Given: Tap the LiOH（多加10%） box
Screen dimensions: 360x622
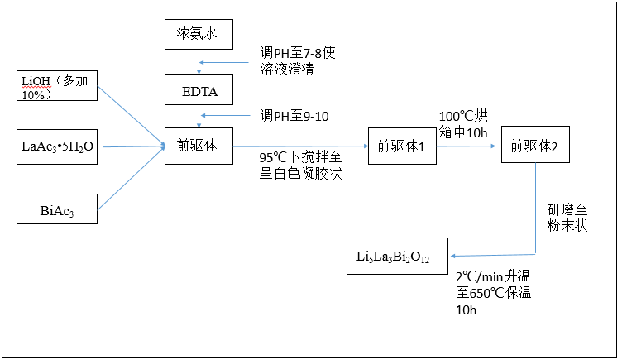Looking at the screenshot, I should point(58,85).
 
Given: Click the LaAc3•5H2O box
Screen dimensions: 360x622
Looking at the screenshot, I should point(58,146).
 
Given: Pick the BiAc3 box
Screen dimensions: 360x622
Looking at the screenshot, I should point(58,208).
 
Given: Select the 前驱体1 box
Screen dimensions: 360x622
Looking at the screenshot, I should point(402,146).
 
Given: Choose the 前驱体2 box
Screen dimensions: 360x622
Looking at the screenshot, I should point(535,146).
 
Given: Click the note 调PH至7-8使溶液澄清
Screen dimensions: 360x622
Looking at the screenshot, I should point(297,60).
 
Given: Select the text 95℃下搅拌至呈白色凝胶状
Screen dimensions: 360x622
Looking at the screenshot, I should point(300,166).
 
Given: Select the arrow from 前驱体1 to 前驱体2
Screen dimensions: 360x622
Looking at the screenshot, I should point(467,146).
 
